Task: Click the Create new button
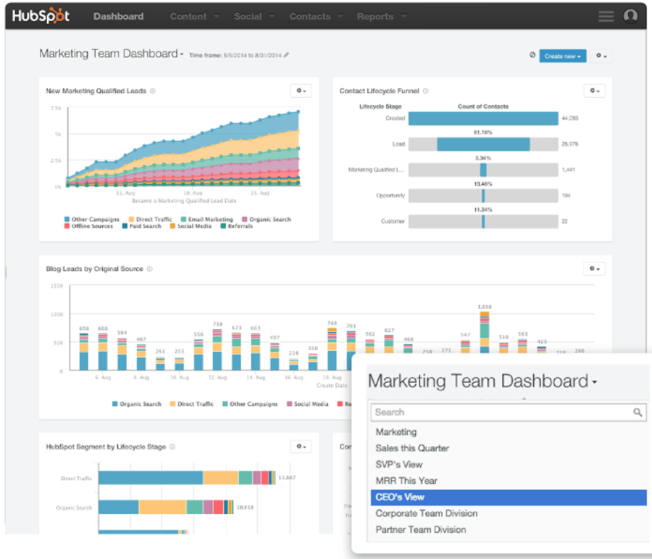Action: (x=562, y=56)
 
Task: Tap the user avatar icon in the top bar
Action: (x=630, y=16)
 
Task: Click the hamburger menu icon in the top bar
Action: (x=606, y=16)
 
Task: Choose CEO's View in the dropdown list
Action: (x=400, y=497)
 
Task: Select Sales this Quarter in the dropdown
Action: (x=412, y=448)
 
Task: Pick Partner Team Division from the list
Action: (x=421, y=530)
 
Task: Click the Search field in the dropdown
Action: (x=500, y=412)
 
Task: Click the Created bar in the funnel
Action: (x=482, y=118)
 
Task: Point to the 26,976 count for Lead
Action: (x=569, y=144)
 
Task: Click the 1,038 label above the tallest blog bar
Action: (x=485, y=306)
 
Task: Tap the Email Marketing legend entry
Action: (x=210, y=219)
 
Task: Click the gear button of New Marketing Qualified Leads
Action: (x=301, y=91)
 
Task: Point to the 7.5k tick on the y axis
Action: (x=56, y=108)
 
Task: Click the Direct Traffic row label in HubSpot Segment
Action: (x=78, y=479)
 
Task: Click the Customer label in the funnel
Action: (x=393, y=221)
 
